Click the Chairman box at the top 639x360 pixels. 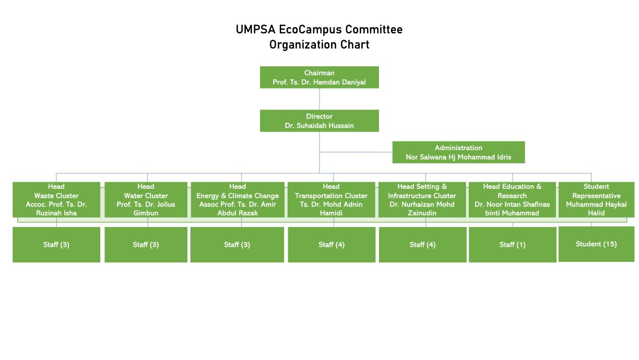coord(319,77)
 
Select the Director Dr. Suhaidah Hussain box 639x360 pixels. coord(319,121)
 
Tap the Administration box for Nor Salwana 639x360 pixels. coord(458,152)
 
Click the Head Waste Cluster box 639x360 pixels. coord(56,199)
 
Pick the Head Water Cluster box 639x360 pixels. coord(146,199)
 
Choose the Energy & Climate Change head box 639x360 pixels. coord(238,199)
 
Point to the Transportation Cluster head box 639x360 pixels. coord(331,199)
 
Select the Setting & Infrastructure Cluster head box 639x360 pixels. coord(422,199)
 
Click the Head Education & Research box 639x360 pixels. coord(512,199)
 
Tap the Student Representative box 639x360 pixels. coord(596,199)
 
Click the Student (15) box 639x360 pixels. coord(596,244)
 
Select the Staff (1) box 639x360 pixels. coord(512,244)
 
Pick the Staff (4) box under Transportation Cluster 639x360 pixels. coord(332,244)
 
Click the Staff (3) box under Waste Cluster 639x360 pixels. coord(56,244)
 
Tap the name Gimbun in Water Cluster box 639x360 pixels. coord(146,213)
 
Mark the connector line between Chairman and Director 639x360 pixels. coord(319,99)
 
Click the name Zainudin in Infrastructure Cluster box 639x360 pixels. coord(422,213)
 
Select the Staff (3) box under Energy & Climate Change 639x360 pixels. coord(238,244)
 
